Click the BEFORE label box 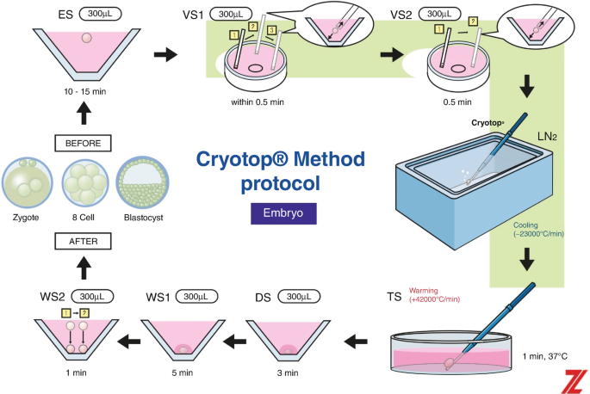coord(84,143)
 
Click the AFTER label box coord(84,243)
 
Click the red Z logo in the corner coord(576,379)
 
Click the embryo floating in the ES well coord(84,39)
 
